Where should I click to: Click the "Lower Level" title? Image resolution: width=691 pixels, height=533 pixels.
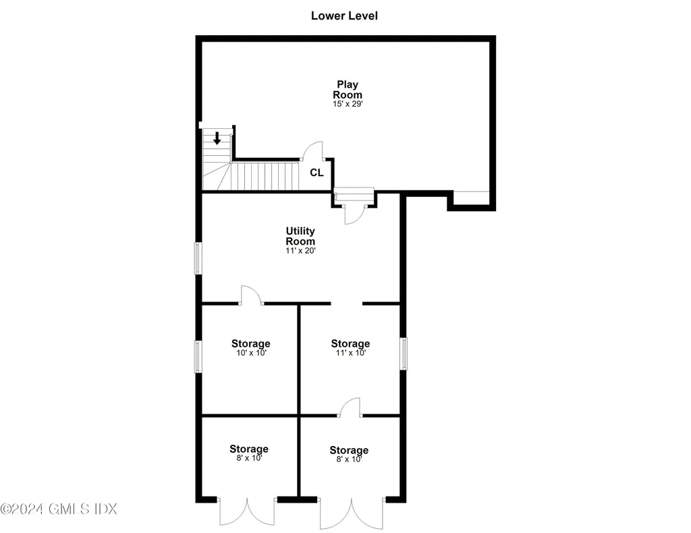[344, 16]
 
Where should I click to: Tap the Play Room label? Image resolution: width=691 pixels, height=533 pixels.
[348, 90]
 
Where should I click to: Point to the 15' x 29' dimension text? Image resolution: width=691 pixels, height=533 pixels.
[348, 105]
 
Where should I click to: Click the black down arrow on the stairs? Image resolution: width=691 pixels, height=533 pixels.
[217, 138]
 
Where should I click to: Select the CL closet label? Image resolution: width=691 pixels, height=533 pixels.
[316, 173]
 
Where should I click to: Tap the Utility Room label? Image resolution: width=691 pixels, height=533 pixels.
[300, 236]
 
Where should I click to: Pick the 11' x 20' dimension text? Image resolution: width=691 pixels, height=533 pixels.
[300, 250]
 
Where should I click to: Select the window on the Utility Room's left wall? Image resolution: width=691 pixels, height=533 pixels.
[198, 258]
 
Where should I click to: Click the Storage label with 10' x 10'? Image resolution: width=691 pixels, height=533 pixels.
[250, 344]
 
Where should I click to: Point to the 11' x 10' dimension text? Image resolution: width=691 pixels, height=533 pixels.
[350, 353]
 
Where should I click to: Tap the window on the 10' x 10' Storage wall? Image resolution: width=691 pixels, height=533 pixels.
[198, 356]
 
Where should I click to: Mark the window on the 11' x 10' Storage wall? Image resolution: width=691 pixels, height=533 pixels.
[404, 353]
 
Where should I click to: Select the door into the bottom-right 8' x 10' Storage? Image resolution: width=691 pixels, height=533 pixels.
[350, 407]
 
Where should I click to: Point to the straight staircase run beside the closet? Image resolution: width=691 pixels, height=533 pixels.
[265, 175]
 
